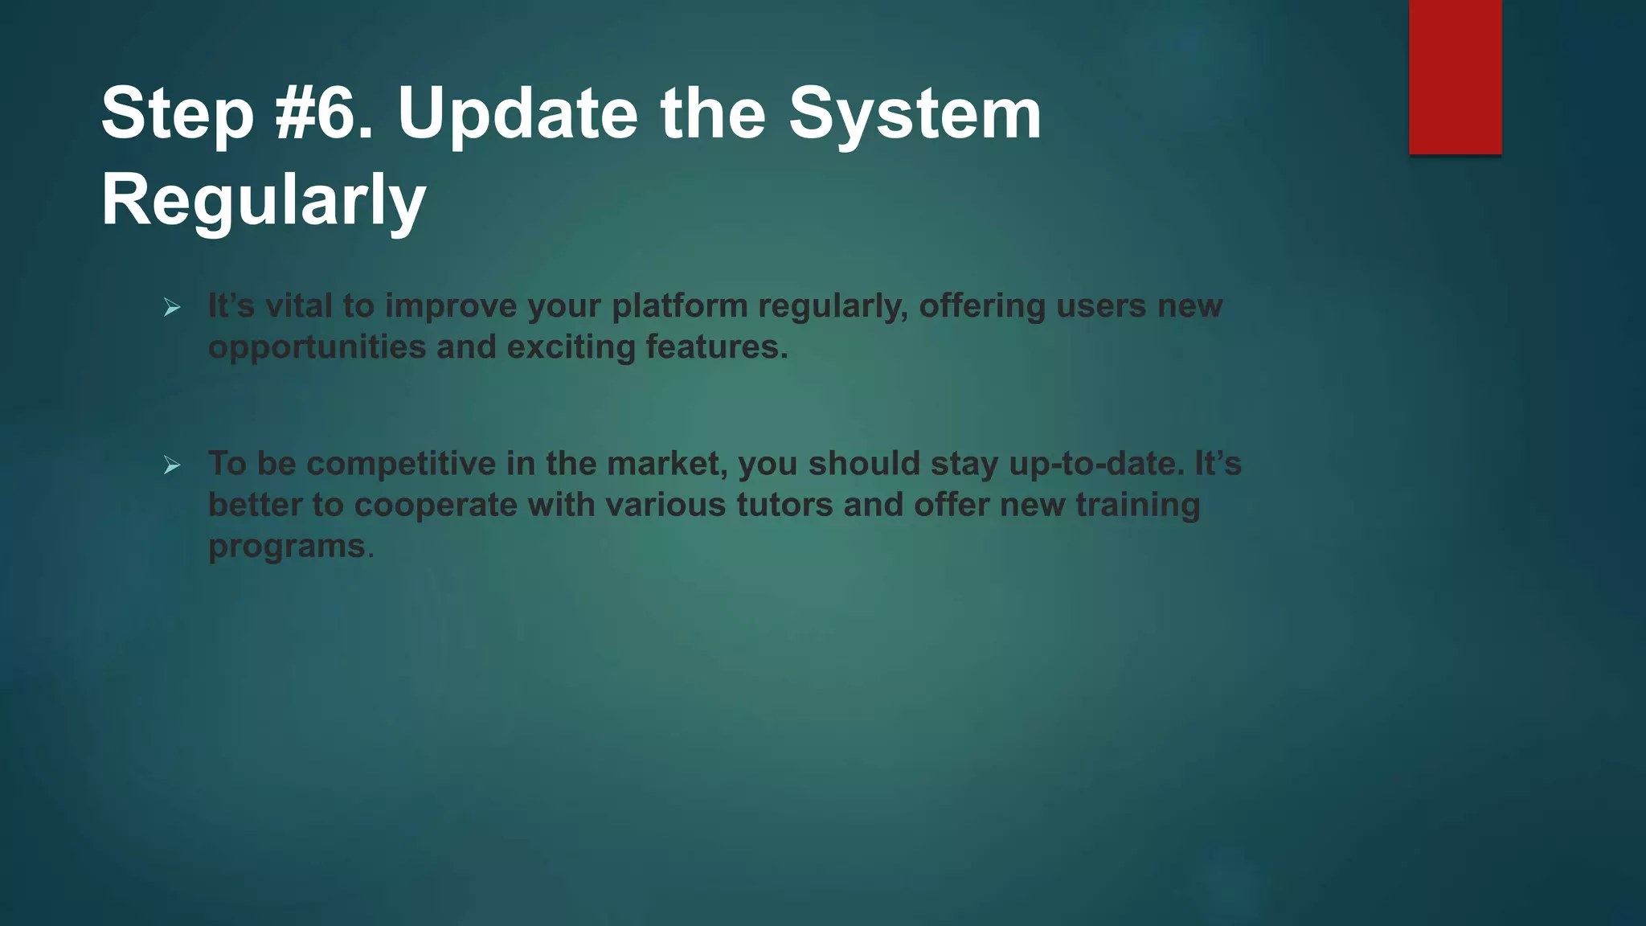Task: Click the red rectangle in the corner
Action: [1455, 77]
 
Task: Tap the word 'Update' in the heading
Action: [517, 113]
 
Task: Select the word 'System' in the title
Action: [915, 113]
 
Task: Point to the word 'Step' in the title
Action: [177, 113]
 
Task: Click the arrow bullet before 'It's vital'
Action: [172, 307]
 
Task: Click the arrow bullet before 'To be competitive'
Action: [172, 465]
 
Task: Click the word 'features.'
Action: [717, 347]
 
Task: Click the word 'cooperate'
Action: [436, 505]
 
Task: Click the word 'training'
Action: [1137, 505]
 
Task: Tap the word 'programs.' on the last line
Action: [291, 547]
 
